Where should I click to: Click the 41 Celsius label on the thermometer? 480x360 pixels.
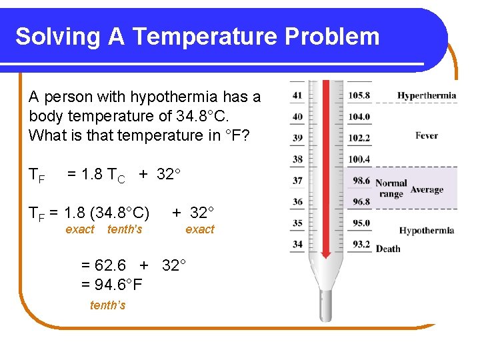coord(297,95)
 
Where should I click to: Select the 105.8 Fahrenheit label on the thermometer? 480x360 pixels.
coord(359,95)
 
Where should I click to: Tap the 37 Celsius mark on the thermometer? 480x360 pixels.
coord(297,181)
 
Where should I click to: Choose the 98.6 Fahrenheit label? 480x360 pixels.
coord(361,181)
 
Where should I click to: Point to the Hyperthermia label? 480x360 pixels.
coord(427,95)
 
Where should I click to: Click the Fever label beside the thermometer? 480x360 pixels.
coord(426,135)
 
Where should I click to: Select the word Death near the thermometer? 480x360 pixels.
coord(387,249)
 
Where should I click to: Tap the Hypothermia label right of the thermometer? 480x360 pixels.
coord(426,231)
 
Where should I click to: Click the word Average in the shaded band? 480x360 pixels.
coord(427,189)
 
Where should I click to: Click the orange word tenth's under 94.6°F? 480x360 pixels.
coord(107,305)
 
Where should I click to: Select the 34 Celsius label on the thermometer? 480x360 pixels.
coord(297,245)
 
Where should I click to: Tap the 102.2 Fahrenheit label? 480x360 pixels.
coord(359,138)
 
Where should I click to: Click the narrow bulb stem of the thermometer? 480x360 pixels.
coord(326,303)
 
